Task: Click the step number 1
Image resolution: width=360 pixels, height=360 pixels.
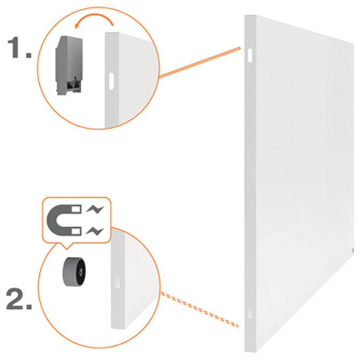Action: pyautogui.click(x=19, y=47)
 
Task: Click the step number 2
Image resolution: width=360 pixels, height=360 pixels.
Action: pyautogui.click(x=19, y=298)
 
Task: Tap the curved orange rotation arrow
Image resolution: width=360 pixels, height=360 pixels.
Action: pyautogui.click(x=95, y=17)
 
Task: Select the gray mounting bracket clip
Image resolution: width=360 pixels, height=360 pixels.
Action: pyautogui.click(x=69, y=65)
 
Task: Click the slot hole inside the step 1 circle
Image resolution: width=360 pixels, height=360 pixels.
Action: pyautogui.click(x=111, y=81)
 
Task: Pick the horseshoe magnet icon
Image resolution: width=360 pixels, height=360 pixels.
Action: pyautogui.click(x=64, y=220)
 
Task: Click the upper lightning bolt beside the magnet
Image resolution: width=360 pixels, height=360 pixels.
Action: pyautogui.click(x=95, y=209)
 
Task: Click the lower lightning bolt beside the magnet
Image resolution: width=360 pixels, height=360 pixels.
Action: pyautogui.click(x=95, y=231)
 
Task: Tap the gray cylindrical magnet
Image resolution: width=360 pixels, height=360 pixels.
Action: pyautogui.click(x=74, y=272)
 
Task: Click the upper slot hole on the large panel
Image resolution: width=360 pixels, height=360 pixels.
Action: pyautogui.click(x=250, y=55)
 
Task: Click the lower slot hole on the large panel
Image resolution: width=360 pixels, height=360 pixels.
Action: pyautogui.click(x=250, y=312)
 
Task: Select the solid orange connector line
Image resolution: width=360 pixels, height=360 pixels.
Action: pyautogui.click(x=200, y=62)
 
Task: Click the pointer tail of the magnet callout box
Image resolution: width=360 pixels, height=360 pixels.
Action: pyautogui.click(x=67, y=246)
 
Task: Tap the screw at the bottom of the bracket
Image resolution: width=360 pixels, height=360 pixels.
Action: pyautogui.click(x=74, y=80)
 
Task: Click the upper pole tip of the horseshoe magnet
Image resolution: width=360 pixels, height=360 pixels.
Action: pyautogui.click(x=77, y=209)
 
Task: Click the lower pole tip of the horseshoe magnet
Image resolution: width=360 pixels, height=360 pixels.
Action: pyautogui.click(x=77, y=232)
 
